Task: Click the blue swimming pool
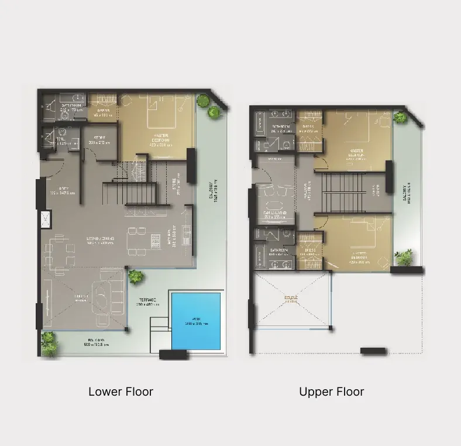(x=197, y=320)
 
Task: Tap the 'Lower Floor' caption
(x=121, y=392)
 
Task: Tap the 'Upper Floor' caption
(x=331, y=392)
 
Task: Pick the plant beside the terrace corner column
(x=135, y=275)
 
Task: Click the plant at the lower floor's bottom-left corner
(x=49, y=339)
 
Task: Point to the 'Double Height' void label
(x=291, y=299)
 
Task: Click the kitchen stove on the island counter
(x=156, y=238)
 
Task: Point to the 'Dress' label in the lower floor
(x=103, y=112)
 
